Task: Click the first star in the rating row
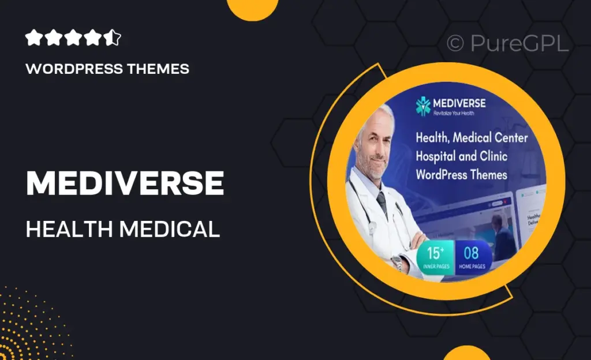33,39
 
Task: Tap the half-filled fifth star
114,39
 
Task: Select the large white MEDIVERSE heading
125,183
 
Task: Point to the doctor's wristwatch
397,264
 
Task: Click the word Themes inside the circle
488,174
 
